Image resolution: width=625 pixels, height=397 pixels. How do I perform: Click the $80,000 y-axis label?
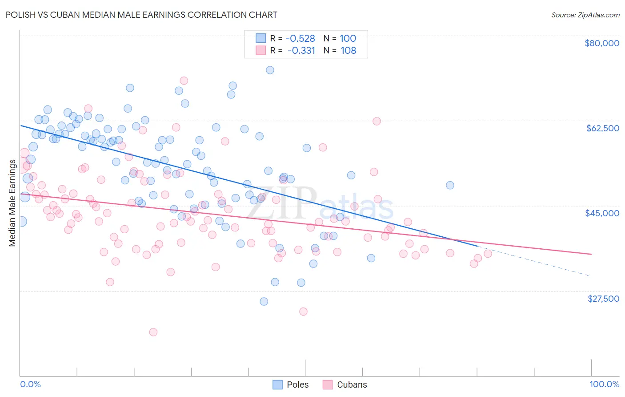click(602, 43)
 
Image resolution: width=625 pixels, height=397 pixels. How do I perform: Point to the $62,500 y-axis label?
click(603, 128)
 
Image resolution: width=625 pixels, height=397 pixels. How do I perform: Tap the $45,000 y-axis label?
click(602, 213)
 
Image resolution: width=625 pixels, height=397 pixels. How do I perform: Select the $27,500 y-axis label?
click(603, 298)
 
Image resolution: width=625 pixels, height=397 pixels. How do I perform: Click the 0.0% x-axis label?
click(30, 384)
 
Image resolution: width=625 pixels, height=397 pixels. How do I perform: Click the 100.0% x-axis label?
click(604, 384)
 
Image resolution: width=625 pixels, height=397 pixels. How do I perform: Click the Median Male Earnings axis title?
click(12, 203)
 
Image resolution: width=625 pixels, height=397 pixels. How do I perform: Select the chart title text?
click(141, 15)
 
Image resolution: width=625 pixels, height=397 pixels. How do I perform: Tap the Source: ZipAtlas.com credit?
click(585, 15)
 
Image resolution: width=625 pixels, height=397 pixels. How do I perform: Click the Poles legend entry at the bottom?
click(297, 385)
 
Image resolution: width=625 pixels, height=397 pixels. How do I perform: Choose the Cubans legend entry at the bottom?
click(352, 385)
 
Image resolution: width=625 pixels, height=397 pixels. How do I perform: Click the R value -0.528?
click(300, 38)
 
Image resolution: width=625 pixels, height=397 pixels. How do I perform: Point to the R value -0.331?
click(301, 50)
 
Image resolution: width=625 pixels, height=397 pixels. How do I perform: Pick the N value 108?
click(349, 50)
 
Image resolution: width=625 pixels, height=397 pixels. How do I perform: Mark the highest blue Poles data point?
click(270, 70)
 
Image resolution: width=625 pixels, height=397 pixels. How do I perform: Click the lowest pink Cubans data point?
click(153, 332)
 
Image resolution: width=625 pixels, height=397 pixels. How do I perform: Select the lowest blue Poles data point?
click(264, 301)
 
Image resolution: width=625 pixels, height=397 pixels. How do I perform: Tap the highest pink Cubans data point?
click(184, 81)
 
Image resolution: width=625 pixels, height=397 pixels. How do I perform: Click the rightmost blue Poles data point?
click(450, 185)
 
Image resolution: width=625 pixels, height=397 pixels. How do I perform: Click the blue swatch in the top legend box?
click(260, 38)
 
